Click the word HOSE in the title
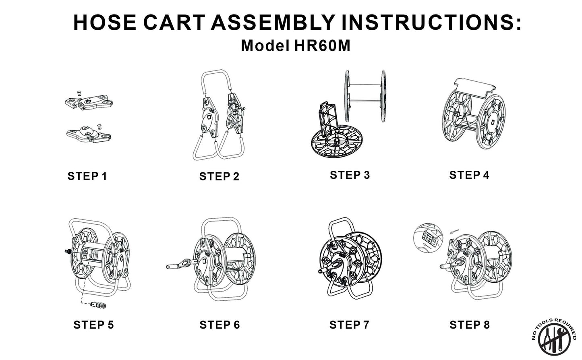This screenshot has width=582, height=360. pos(105,23)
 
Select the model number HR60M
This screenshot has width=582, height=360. pos(322,46)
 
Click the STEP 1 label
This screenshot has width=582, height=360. pos(87,176)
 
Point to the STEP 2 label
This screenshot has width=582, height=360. pos(219,177)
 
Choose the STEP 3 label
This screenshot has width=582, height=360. pos(350,175)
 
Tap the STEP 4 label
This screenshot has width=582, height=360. pos(469,175)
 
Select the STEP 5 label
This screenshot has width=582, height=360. pos(93,325)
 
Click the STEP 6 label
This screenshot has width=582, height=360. pos(220,325)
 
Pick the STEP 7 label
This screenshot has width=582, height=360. pos(349,325)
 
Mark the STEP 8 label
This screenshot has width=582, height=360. pos(470,325)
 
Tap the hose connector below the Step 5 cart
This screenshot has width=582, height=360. pos(98,305)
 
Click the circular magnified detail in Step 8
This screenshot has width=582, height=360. pos(428,238)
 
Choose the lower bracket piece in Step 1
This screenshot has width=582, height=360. pos(89,133)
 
